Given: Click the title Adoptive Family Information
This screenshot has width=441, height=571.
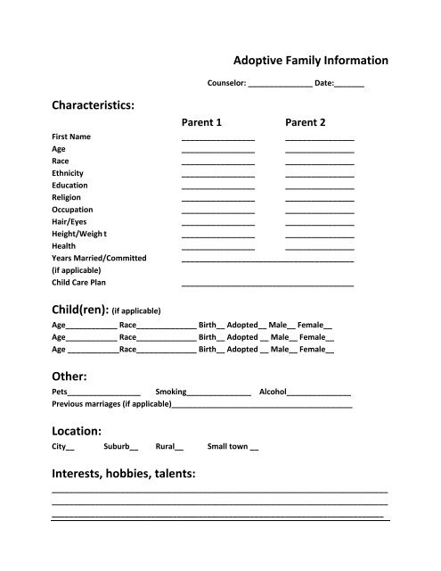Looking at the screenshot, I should coord(310,61).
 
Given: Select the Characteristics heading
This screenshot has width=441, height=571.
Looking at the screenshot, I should coord(93,106).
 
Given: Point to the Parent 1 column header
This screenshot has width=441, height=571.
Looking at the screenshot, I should coord(201,121).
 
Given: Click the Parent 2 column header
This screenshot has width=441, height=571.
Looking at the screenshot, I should coord(306,121).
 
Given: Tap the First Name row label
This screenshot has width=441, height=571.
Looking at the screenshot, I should coord(71,137).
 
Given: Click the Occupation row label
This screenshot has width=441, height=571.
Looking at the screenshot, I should coord(73,209).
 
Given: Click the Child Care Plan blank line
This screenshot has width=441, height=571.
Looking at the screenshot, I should coord(267,284).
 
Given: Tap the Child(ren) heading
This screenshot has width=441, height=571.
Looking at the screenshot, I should coord(80,310).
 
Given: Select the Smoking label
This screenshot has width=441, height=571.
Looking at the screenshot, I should coord(171,392).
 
